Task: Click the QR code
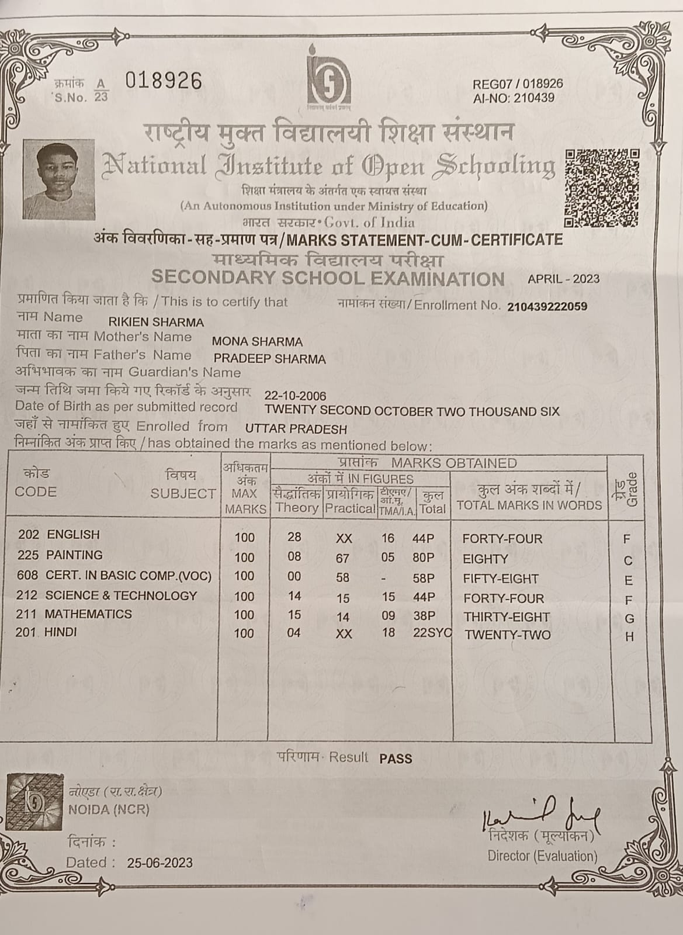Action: [602, 188]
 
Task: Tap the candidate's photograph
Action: [58, 180]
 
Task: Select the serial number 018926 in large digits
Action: [164, 81]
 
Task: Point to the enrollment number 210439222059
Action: [547, 306]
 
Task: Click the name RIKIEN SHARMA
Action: [156, 322]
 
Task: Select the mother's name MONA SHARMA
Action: [257, 342]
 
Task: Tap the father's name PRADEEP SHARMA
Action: [269, 359]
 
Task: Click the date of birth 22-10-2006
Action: [295, 396]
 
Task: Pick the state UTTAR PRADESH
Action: [296, 429]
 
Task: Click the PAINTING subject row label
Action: [74, 555]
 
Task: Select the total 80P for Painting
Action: [423, 558]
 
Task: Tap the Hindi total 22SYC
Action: [431, 633]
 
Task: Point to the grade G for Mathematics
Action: [629, 618]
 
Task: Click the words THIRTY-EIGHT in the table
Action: [507, 617]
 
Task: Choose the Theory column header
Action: [297, 507]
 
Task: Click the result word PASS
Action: [396, 759]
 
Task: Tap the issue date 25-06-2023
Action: [160, 863]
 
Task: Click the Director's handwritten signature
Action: [540, 813]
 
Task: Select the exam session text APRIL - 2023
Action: [563, 279]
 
